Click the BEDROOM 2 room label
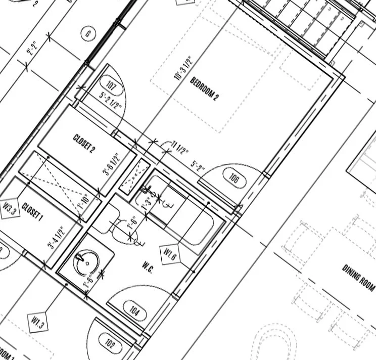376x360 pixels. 204,89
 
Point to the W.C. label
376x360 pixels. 148,264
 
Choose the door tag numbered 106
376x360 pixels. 233,178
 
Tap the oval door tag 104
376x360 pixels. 134,309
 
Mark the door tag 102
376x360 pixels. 111,345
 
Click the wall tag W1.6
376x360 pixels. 170,252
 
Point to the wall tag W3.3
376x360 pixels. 10,207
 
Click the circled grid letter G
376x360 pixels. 88,34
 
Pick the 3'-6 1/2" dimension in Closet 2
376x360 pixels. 111,164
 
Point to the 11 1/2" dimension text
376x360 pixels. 180,150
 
